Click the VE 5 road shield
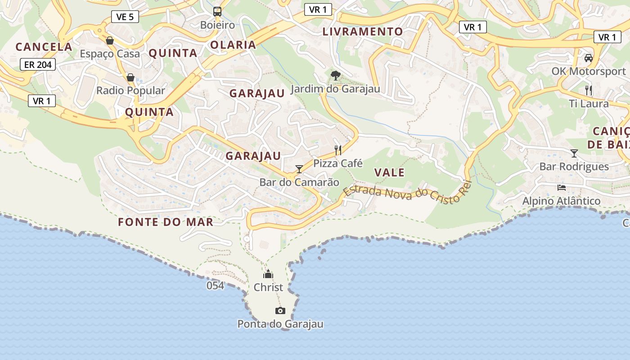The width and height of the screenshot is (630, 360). click(125, 17)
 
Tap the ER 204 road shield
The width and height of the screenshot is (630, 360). click(38, 65)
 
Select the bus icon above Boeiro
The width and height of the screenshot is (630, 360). click(217, 12)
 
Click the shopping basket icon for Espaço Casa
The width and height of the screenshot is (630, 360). click(110, 41)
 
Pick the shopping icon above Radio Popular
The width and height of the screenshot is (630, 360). click(130, 77)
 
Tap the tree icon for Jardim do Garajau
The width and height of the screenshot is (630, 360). click(335, 75)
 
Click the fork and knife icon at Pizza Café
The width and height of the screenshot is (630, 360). click(338, 150)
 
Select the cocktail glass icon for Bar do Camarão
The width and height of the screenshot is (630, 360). click(299, 169)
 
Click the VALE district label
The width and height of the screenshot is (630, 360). click(389, 172)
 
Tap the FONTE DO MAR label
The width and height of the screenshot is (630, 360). click(166, 222)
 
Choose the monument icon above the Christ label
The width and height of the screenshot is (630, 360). click(268, 274)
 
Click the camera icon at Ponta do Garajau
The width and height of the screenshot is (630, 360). click(280, 310)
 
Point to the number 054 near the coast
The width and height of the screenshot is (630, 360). click(215, 285)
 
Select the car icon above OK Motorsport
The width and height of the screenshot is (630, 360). click(588, 58)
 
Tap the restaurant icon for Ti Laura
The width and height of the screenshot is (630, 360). click(589, 90)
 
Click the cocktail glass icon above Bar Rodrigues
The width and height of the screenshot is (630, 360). click(574, 153)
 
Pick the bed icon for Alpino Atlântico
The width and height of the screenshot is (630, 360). click(561, 188)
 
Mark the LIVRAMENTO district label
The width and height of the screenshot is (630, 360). click(363, 31)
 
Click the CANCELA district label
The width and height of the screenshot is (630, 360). click(44, 47)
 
